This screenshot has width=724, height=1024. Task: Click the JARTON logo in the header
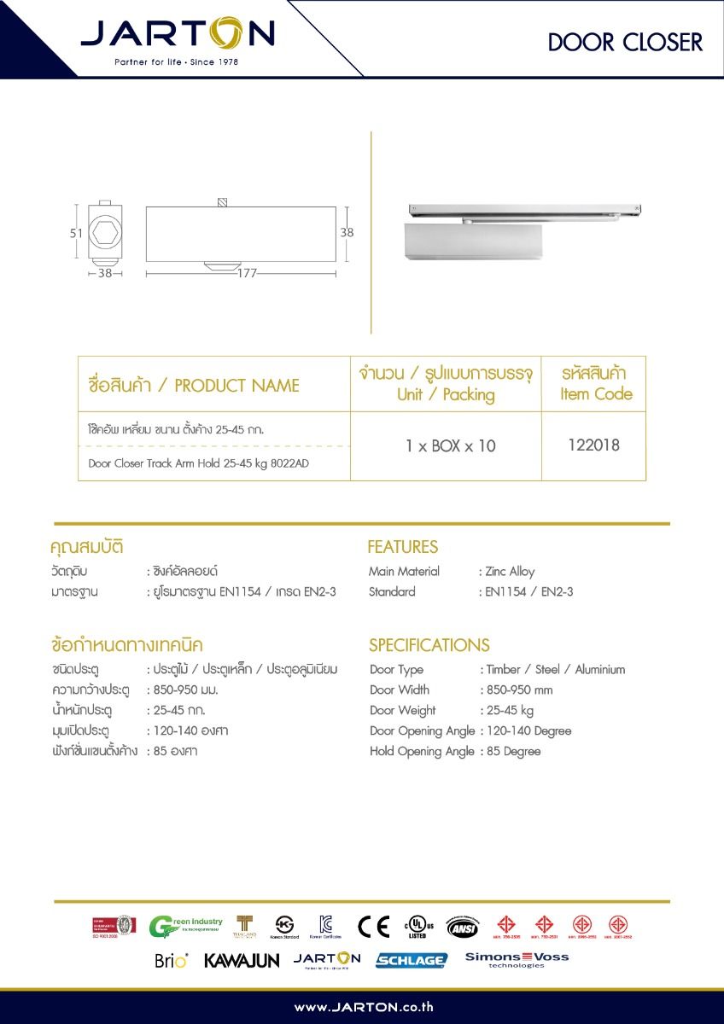point(178,36)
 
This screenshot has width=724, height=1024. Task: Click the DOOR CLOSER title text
point(625,43)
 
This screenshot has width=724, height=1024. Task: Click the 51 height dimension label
point(76,232)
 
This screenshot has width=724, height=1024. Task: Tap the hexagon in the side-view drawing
point(106,231)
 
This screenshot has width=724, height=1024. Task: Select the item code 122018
point(593,445)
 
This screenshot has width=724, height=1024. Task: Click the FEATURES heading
point(402,547)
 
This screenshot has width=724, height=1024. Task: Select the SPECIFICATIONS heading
point(429,645)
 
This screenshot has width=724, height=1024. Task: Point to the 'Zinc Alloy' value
point(510,572)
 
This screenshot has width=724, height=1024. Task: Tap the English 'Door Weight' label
point(402,711)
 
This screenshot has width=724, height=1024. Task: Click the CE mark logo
point(373,927)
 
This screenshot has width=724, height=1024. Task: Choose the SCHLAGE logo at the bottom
point(412,960)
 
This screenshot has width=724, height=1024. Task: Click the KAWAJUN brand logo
point(242,961)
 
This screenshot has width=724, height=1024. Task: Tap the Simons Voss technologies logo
point(517,959)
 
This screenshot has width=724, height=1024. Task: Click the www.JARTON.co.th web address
point(364,1008)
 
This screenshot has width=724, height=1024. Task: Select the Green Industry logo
point(185,927)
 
